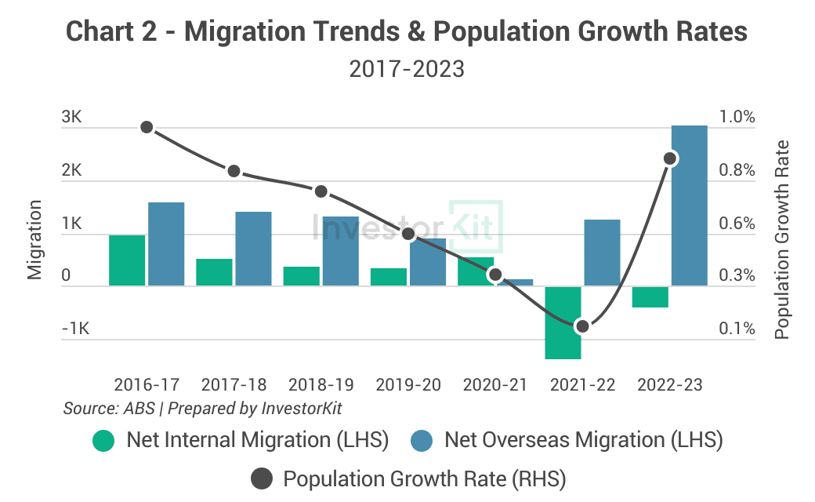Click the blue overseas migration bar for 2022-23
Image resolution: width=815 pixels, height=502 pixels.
(690, 206)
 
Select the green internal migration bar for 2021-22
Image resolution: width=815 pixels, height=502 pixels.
(563, 322)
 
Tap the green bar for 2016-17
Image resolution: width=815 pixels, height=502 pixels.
(127, 260)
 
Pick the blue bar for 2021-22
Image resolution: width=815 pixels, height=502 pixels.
(602, 253)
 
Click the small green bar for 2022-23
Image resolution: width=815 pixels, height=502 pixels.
(650, 296)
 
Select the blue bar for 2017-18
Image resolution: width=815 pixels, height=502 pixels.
(253, 249)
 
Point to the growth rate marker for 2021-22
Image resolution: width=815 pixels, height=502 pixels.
(581, 326)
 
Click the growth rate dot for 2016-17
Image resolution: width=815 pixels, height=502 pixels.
(147, 127)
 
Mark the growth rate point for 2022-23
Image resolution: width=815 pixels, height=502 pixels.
(670, 158)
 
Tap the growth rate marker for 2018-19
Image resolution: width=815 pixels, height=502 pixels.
(321, 191)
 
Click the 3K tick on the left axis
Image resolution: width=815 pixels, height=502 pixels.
(72, 118)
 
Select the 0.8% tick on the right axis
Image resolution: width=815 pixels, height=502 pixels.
(737, 170)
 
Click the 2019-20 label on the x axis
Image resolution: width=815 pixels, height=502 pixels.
(407, 385)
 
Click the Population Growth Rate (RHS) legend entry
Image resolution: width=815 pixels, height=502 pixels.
(407, 478)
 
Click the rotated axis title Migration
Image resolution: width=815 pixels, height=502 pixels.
(34, 239)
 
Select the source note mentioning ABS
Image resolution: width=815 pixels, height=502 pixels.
(202, 409)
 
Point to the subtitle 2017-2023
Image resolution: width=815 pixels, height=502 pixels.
(407, 69)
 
